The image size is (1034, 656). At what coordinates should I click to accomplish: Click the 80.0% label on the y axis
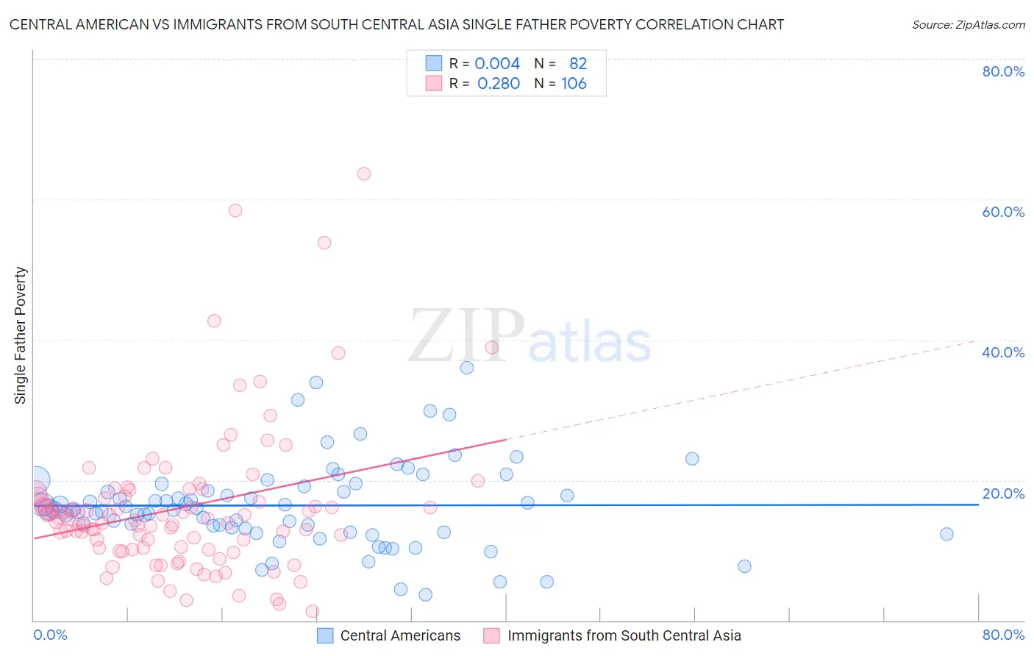point(1003,71)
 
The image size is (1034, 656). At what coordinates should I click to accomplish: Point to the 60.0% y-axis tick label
point(1003,212)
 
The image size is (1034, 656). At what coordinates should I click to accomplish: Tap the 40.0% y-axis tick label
point(1003,352)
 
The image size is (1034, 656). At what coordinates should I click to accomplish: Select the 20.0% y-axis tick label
point(1003,493)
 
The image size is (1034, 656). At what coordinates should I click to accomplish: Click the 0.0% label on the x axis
point(50,635)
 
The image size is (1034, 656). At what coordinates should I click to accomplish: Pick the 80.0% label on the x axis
point(1003,635)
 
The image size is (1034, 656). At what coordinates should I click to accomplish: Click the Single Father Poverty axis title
point(21,335)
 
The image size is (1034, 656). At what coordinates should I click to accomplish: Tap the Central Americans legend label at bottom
point(400,635)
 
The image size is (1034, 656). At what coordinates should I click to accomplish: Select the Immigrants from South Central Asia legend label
point(624,635)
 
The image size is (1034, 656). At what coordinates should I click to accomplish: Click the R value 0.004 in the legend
point(497,63)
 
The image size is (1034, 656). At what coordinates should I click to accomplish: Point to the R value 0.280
point(499,84)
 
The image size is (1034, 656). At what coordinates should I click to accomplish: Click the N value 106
point(574,84)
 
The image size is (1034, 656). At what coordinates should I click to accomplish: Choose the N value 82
point(578,63)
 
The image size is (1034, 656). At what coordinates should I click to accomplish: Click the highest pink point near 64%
point(364,174)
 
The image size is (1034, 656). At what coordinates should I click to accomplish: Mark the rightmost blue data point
point(946,534)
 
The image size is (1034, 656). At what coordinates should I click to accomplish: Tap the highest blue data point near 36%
point(467,368)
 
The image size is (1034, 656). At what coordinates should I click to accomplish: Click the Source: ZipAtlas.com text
point(968,25)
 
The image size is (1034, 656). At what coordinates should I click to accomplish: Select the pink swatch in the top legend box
point(434,83)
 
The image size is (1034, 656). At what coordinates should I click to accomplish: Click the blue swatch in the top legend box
point(434,63)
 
